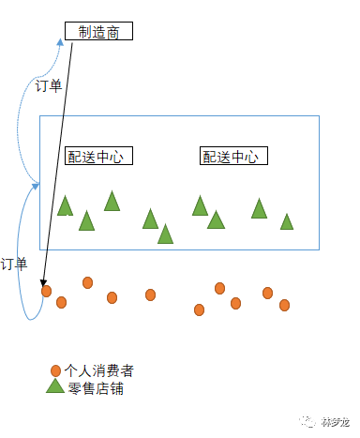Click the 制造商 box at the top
(98, 31)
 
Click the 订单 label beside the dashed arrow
(49, 86)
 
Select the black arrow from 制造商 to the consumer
(59, 159)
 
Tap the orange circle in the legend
(56, 370)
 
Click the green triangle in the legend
(55, 386)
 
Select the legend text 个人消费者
(99, 370)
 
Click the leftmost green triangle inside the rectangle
(65, 206)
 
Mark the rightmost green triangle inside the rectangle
(287, 222)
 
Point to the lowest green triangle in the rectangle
(166, 234)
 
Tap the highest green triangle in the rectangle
(112, 201)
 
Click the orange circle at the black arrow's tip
(46, 291)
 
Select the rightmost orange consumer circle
(284, 305)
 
